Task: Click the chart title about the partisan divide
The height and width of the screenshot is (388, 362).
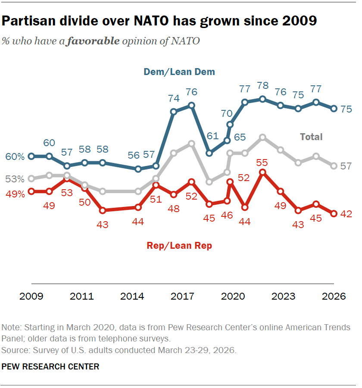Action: [159, 21]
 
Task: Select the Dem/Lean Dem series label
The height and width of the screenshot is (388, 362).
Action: [179, 72]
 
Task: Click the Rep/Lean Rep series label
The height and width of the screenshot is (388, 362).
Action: [179, 246]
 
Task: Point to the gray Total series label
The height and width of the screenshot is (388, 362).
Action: [311, 137]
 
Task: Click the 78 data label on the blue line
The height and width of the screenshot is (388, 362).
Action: [263, 85]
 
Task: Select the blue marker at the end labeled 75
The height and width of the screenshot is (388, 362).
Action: [334, 109]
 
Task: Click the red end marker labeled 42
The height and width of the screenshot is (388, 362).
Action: [334, 213]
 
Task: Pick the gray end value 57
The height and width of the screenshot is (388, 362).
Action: [346, 166]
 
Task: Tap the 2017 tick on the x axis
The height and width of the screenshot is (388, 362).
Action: [183, 297]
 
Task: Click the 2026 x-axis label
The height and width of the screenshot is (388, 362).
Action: [334, 297]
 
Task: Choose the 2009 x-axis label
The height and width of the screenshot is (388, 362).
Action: [31, 297]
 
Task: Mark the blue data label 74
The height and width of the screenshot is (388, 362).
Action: [173, 99]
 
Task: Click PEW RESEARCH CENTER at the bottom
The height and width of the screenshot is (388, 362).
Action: [50, 367]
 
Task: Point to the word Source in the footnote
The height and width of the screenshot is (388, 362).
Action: [14, 350]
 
